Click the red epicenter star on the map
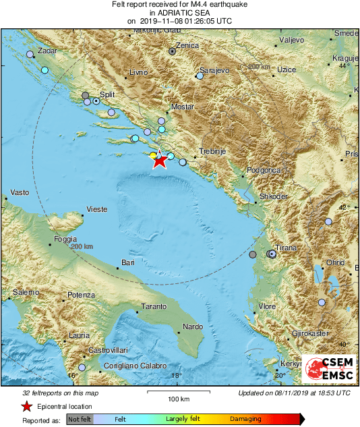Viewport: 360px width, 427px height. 159,161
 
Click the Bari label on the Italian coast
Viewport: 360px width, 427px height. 128,262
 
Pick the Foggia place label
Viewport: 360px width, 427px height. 66,238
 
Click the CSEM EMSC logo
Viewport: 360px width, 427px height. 326,369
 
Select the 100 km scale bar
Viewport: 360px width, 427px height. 177,392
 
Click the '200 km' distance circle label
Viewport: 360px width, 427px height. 81,247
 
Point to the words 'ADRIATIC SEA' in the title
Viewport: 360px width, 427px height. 180,13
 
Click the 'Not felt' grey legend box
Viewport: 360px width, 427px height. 80,420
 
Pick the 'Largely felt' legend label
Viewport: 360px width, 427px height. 181,420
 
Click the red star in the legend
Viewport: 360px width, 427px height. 26,406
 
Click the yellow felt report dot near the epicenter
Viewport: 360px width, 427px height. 154,155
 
